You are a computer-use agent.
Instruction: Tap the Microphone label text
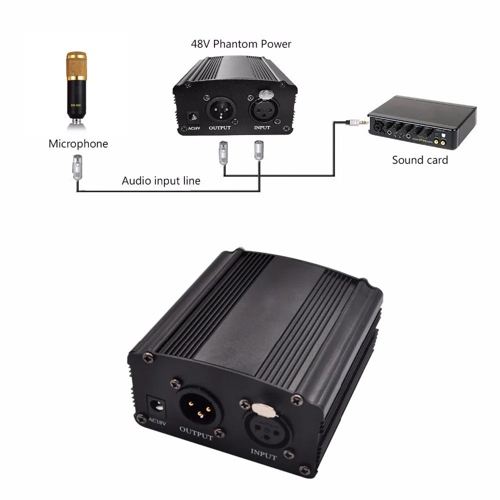coord(78,144)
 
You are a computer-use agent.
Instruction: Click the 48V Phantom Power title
coord(241,44)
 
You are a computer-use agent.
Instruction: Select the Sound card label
coord(420,160)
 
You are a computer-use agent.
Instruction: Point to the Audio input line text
coord(161,181)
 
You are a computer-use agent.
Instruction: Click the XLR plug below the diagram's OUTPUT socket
coord(223,152)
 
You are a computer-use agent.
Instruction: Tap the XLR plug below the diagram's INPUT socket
coord(258,150)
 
